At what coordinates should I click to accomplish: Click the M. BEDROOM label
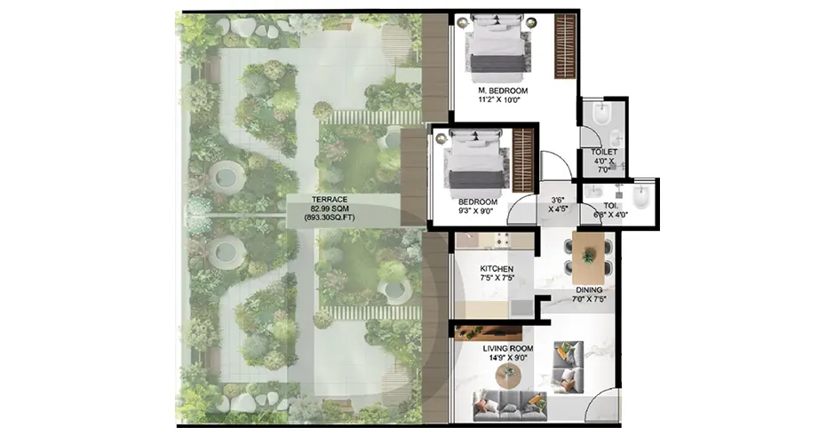[503, 91]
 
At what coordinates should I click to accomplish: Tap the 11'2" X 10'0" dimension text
[503, 101]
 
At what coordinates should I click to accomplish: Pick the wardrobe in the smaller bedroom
[523, 159]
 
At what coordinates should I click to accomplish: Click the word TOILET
[603, 152]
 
